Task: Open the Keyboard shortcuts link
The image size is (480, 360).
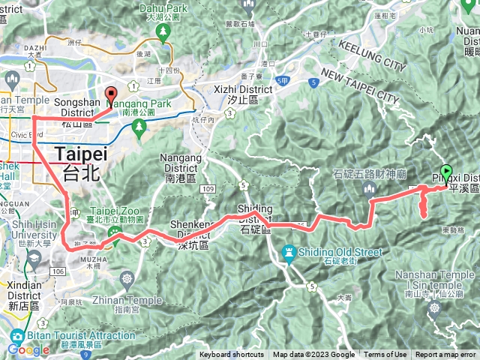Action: pyautogui.click(x=232, y=355)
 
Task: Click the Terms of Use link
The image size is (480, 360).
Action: pyautogui.click(x=385, y=355)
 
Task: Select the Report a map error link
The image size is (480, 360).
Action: pyautogui.click(x=445, y=355)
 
